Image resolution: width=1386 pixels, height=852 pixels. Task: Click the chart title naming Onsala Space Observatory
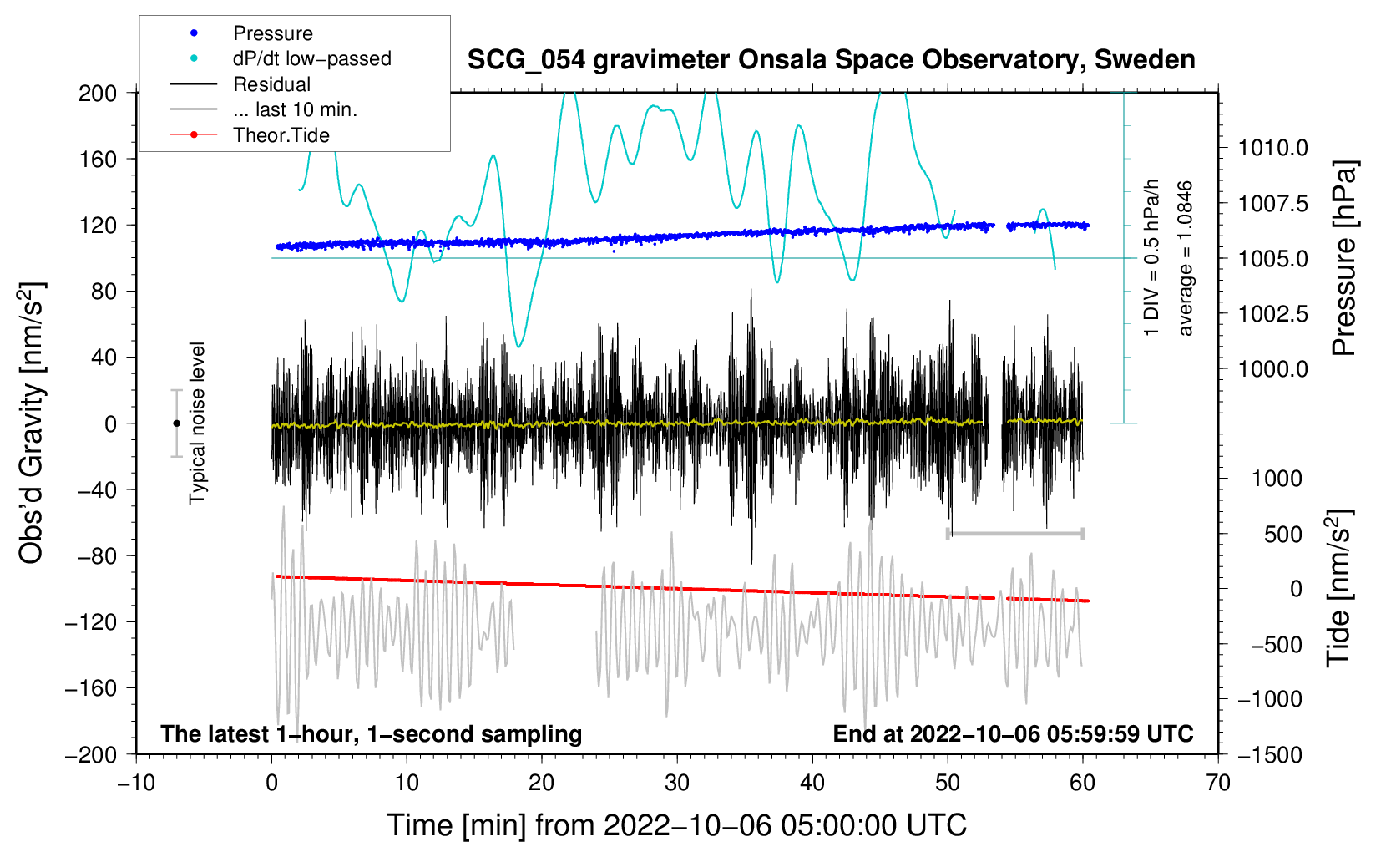(831, 60)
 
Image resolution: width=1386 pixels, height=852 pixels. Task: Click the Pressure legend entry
(272, 33)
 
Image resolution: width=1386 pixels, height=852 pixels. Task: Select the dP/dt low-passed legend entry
(311, 58)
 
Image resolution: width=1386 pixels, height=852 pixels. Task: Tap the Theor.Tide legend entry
(281, 135)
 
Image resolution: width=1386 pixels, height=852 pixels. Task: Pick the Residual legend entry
(271, 84)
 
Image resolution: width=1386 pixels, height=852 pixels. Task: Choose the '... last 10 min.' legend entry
(295, 109)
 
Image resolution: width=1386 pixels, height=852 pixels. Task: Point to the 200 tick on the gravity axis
(98, 93)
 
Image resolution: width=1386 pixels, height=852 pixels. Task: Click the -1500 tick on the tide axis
(1270, 754)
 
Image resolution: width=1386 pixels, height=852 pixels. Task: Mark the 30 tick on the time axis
(677, 783)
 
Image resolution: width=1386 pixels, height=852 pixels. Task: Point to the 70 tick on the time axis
(1218, 783)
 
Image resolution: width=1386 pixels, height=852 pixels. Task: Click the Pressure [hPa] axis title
(1343, 259)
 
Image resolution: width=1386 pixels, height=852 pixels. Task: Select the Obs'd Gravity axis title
(31, 423)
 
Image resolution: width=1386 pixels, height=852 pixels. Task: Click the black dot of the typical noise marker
(176, 423)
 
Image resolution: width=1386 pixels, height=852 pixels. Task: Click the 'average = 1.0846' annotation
(1186, 259)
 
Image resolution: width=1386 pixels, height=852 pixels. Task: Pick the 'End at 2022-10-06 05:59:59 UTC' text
(1013, 734)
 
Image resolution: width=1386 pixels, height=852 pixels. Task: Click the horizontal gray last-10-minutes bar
(1015, 533)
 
